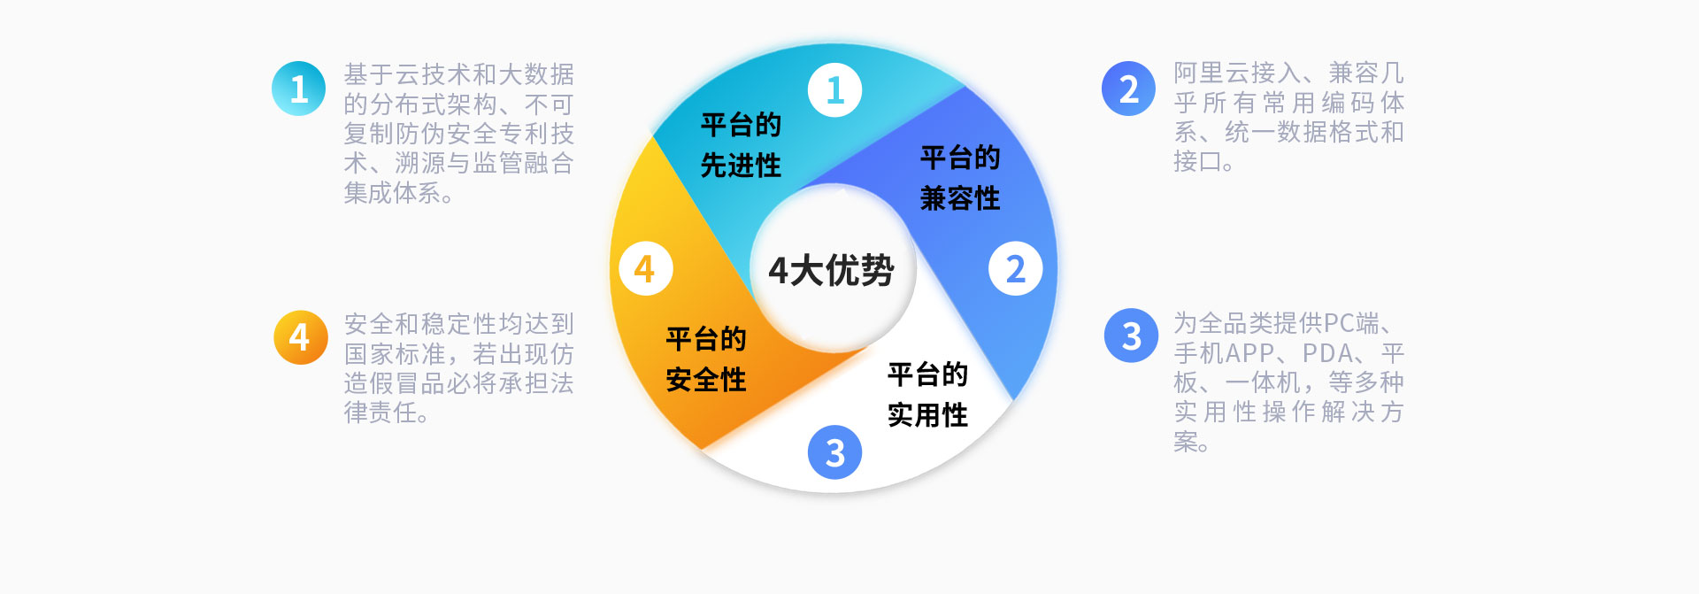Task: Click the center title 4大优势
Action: pos(831,271)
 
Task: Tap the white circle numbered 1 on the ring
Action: pos(834,90)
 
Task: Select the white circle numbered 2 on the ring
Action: pos(1015,268)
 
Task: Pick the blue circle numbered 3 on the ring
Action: pos(834,452)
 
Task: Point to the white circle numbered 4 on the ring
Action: pos(645,268)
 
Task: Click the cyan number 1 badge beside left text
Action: pos(299,89)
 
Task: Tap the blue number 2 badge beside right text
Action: pos(1128,89)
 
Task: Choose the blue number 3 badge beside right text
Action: pos(1131,336)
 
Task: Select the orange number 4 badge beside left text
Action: pos(300,337)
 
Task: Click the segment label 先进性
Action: pos(741,166)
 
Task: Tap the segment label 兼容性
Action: pos(960,198)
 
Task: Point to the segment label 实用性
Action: pos(927,415)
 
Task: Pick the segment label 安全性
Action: pos(706,381)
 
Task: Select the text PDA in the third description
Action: pos(1327,353)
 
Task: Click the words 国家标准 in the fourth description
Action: pos(395,354)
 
